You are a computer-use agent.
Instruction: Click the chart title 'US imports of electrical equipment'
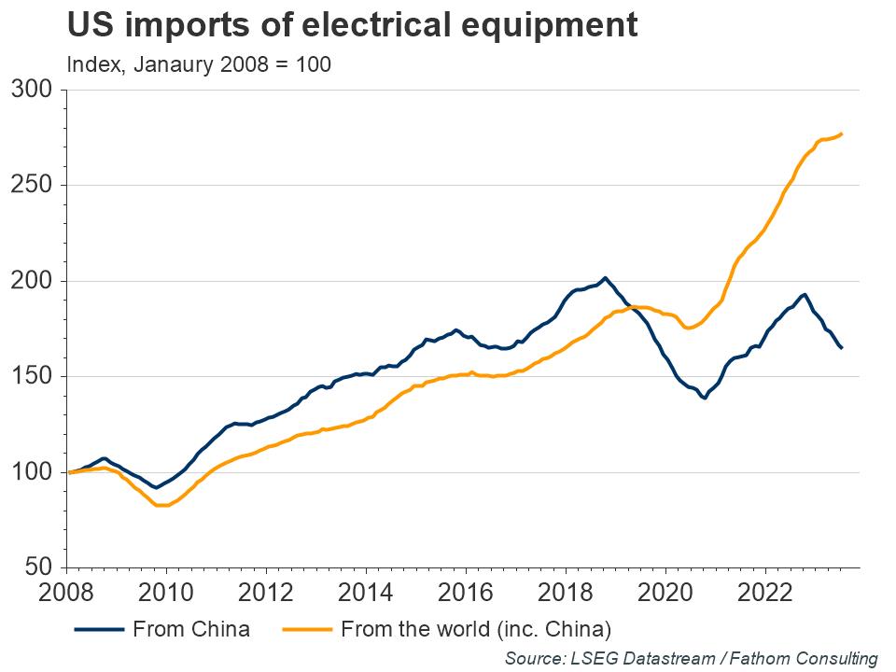[x=353, y=26]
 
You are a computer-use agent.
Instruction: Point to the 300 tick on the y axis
[x=36, y=91]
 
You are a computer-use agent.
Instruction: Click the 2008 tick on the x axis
[x=66, y=595]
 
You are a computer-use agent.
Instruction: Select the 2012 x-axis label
[x=266, y=595]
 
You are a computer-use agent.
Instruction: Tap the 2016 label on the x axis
[x=466, y=595]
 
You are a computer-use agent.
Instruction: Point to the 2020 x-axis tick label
[x=665, y=595]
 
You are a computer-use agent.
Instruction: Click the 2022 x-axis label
[x=765, y=595]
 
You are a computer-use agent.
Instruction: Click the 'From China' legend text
[x=191, y=629]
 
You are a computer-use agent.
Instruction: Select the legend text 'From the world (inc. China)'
[x=476, y=629]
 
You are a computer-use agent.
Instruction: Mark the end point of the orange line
[x=842, y=133]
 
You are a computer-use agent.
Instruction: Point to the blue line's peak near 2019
[x=605, y=278]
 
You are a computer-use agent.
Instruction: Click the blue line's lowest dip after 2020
[x=703, y=398]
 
